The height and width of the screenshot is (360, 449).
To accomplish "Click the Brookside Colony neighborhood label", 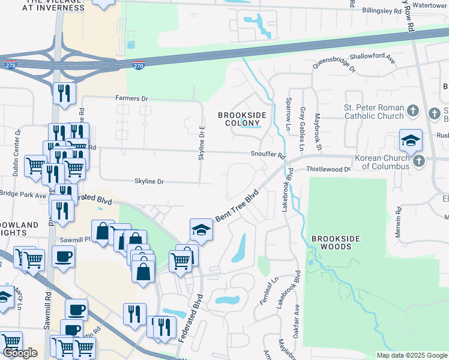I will (x=239, y=119).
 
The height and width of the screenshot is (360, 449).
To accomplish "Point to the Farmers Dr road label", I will (x=131, y=98).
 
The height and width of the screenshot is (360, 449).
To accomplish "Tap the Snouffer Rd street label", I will (x=268, y=155).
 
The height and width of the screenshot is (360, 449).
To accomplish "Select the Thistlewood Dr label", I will (x=328, y=170).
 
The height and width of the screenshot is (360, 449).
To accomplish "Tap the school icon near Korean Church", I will (x=411, y=141).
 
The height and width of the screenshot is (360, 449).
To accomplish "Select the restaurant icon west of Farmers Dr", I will (x=63, y=93).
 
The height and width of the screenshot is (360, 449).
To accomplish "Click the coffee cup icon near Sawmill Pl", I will (x=62, y=257).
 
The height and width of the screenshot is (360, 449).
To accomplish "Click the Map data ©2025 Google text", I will (x=412, y=355).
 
